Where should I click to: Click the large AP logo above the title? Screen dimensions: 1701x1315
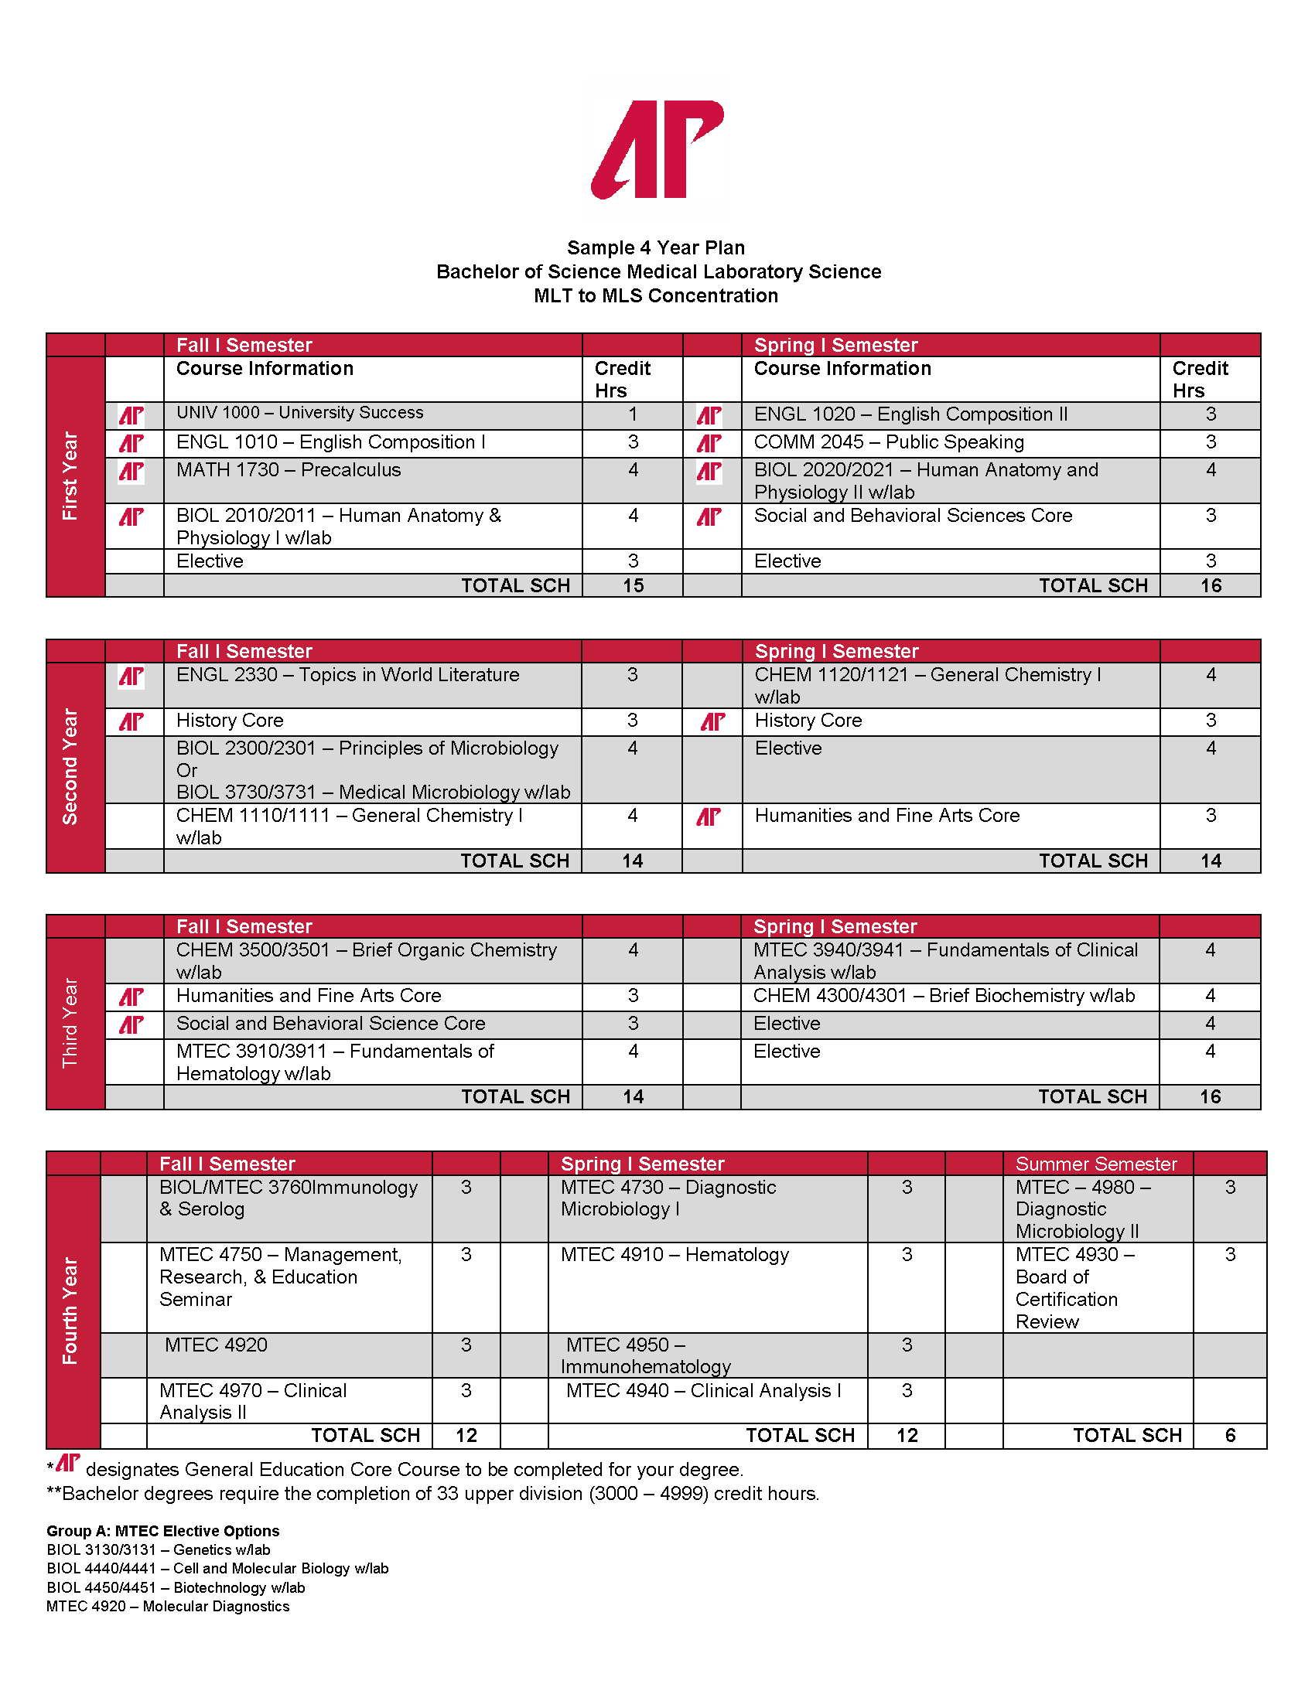pyautogui.click(x=657, y=148)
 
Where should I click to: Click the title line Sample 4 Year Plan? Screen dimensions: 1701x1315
pyautogui.click(x=656, y=247)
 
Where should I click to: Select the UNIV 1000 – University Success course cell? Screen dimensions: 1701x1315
pyautogui.click(x=300, y=413)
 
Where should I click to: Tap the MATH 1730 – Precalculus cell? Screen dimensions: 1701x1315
pyautogui.click(x=289, y=470)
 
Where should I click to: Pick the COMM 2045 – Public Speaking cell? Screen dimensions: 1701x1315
pyautogui.click(x=889, y=442)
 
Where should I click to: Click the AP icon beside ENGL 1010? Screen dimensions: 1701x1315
pyautogui.click(x=131, y=443)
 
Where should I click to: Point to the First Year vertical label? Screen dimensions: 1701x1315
pyautogui.click(x=71, y=476)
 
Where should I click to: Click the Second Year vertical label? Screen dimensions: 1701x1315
pyautogui.click(x=71, y=766)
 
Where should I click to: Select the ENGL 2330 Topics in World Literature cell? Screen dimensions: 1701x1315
pyautogui.click(x=347, y=675)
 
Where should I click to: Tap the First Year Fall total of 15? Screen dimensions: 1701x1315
pyautogui.click(x=634, y=586)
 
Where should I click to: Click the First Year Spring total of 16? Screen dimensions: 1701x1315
pyautogui.click(x=1211, y=586)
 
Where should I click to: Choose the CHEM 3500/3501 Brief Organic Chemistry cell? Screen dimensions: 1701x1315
pyautogui.click(x=366, y=960)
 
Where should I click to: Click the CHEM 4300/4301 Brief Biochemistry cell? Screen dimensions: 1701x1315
pyautogui.click(x=944, y=996)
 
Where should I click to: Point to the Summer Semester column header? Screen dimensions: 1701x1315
pyautogui.click(x=1096, y=1164)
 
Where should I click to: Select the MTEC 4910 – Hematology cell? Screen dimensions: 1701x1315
pyautogui.click(x=675, y=1255)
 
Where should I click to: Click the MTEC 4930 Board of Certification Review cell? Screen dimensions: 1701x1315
pyautogui.click(x=1075, y=1287)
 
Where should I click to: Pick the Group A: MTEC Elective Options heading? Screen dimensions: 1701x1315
pyautogui.click(x=162, y=1531)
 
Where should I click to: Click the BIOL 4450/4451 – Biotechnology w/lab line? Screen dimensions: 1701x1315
pyautogui.click(x=176, y=1587)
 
